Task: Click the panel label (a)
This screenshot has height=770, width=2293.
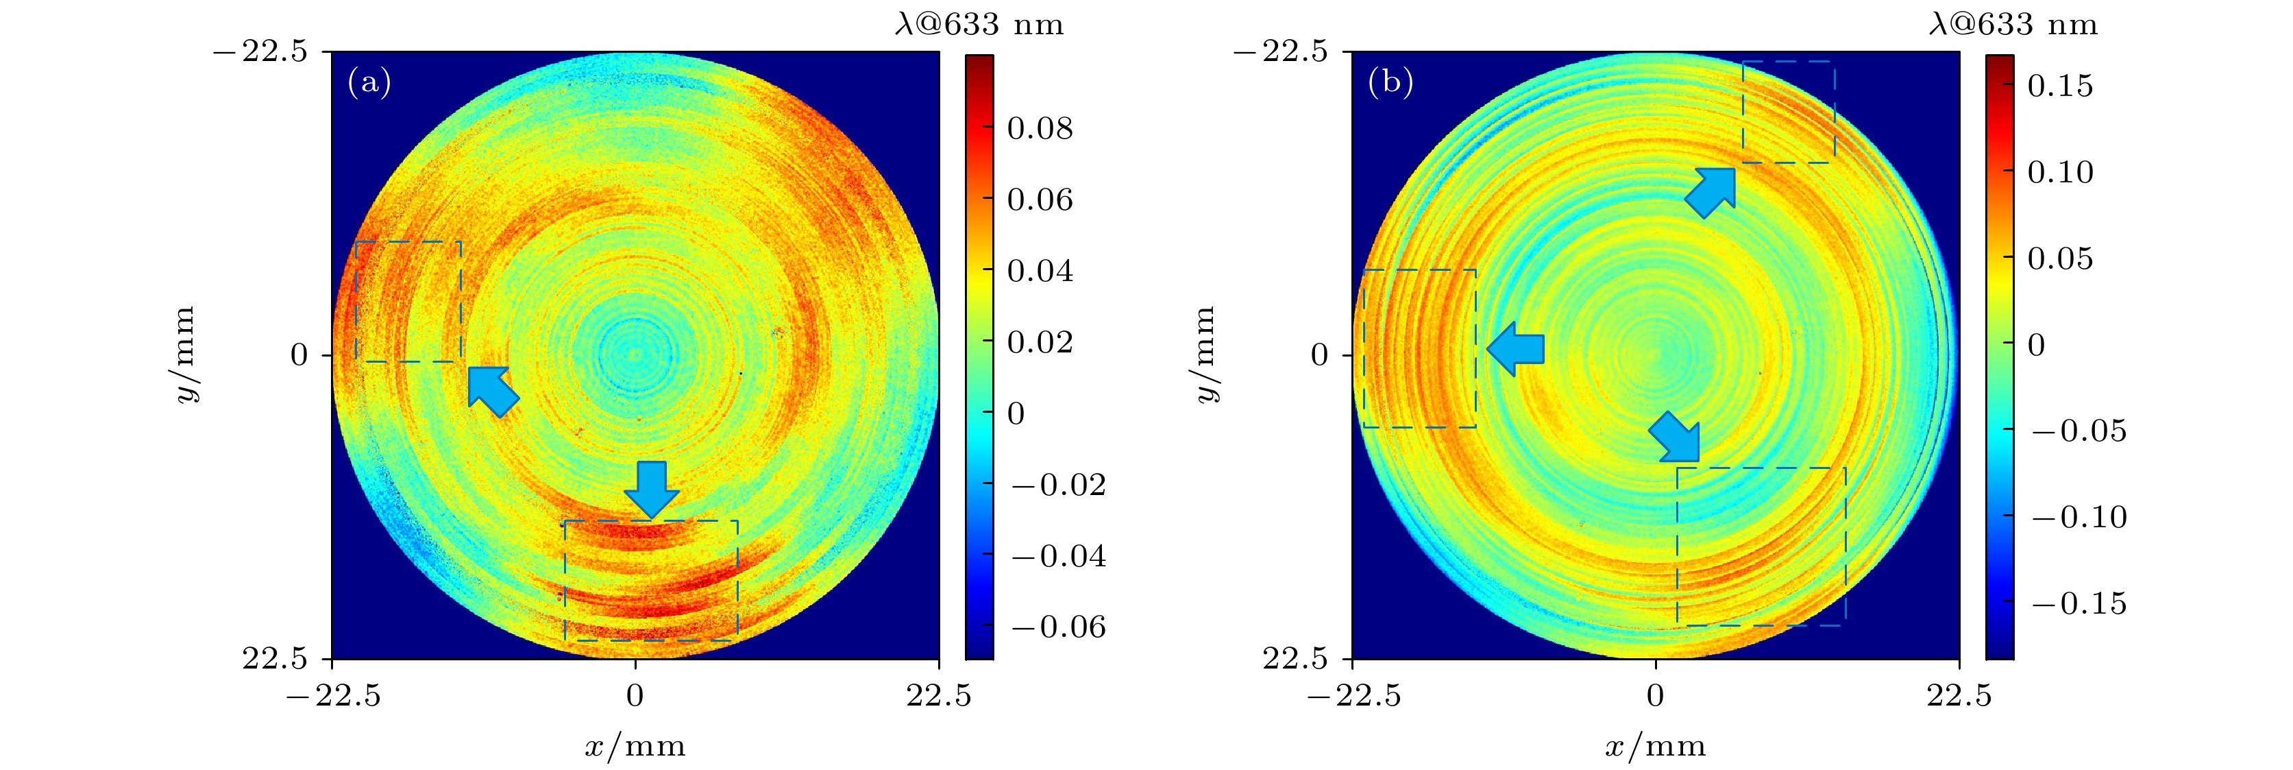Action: click(x=369, y=83)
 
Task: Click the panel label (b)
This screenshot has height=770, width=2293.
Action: click(x=1390, y=83)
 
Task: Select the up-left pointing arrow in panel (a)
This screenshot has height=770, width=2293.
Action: click(x=492, y=390)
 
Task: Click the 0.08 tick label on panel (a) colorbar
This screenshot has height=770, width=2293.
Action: click(x=1040, y=128)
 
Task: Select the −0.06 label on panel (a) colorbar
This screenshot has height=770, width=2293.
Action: click(x=1058, y=627)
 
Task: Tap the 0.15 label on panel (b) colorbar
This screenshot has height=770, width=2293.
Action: click(x=2060, y=86)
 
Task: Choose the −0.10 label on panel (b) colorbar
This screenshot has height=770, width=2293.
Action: click(x=2079, y=516)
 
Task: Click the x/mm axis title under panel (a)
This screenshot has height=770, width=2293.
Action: click(x=635, y=746)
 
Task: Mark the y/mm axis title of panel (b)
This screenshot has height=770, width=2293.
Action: click(x=1204, y=354)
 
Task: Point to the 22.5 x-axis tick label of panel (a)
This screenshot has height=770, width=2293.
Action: click(x=938, y=695)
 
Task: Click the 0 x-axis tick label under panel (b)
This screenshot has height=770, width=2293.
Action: click(x=1655, y=695)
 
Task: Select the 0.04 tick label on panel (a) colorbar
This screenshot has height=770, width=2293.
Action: click(x=1040, y=271)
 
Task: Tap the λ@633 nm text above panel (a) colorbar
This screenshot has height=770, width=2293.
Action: click(x=979, y=24)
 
